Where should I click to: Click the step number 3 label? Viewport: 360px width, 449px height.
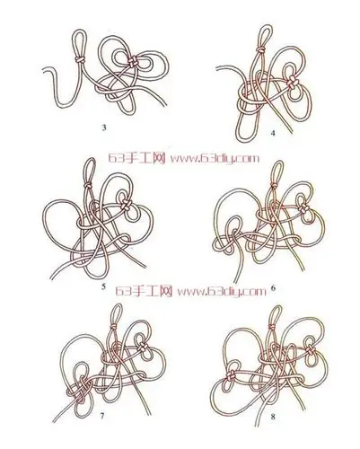click(104, 128)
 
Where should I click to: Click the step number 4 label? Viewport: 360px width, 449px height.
click(272, 134)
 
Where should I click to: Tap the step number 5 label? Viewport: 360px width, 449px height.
click(103, 286)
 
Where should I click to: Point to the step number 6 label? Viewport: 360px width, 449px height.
click(273, 288)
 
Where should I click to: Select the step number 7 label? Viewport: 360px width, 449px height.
click(102, 416)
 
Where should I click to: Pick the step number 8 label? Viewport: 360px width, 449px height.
click(273, 417)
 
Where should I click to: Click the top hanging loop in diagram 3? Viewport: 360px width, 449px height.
click(79, 30)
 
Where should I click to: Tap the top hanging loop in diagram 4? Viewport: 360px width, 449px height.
click(264, 26)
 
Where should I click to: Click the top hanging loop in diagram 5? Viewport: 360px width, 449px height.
click(92, 159)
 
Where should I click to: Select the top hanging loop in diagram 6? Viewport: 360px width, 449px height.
click(277, 162)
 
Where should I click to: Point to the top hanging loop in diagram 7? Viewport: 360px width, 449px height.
click(117, 304)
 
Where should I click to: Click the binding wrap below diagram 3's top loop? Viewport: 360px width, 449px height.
click(80, 59)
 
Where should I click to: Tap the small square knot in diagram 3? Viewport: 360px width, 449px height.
click(132, 62)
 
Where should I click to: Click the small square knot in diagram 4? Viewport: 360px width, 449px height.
click(293, 83)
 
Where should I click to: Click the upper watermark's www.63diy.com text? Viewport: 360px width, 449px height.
click(215, 158)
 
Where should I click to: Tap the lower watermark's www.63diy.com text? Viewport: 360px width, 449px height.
click(222, 291)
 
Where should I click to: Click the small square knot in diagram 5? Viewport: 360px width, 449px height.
click(126, 205)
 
